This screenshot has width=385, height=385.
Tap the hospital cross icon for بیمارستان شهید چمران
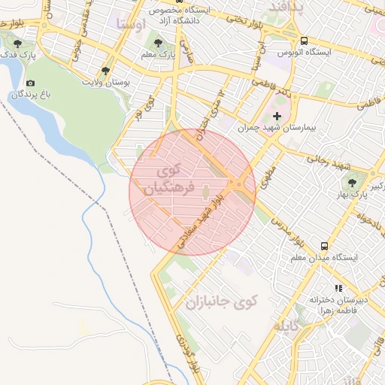pyautogui.click(x=277, y=116)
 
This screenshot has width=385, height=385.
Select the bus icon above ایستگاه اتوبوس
pyautogui.click(x=304, y=41)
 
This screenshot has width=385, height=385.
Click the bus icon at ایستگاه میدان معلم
pyautogui.click(x=324, y=245)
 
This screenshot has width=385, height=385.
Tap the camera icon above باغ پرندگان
pyautogui.click(x=30, y=83)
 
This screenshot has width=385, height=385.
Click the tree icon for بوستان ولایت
pyautogui.click(x=106, y=69)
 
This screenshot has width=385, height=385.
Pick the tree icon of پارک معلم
pyautogui.click(x=158, y=42)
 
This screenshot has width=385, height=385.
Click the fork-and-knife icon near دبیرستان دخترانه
pyautogui.click(x=338, y=288)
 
